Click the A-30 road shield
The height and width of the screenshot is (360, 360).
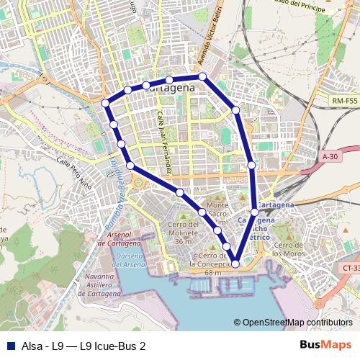(x=330, y=156)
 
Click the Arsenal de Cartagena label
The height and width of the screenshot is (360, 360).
(x=120, y=240)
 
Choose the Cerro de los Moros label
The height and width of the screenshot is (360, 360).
(x=289, y=248)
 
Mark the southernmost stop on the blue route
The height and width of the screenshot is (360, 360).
(x=235, y=264)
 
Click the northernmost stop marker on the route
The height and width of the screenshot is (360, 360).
(x=202, y=76)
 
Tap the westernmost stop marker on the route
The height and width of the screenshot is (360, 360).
(x=106, y=103)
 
